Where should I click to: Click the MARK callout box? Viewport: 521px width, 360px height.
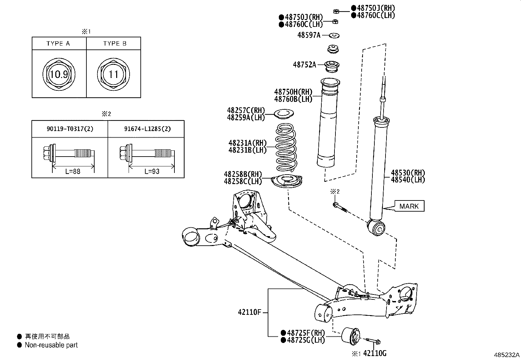coord(409,206)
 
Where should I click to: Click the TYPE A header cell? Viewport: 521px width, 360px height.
coord(58,44)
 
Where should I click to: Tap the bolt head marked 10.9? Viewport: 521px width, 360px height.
coord(59,74)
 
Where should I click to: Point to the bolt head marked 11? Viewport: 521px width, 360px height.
coord(113,74)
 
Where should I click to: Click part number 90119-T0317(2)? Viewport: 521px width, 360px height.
coord(70,129)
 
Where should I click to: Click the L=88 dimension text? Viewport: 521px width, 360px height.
coord(73,171)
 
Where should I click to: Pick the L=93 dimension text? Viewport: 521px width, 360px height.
coord(152,171)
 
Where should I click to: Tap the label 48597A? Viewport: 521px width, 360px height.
coord(309,35)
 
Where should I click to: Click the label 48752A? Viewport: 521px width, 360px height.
coord(304,65)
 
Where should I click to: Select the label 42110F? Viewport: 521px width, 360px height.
coord(249,312)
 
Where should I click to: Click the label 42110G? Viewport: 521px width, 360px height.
coord(375,353)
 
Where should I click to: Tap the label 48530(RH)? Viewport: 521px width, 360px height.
coord(408,173)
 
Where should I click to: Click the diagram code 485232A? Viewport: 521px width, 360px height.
coord(507,355)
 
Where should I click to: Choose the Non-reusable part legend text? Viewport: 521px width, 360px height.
coord(51,345)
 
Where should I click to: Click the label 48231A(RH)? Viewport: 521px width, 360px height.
coord(247,143)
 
